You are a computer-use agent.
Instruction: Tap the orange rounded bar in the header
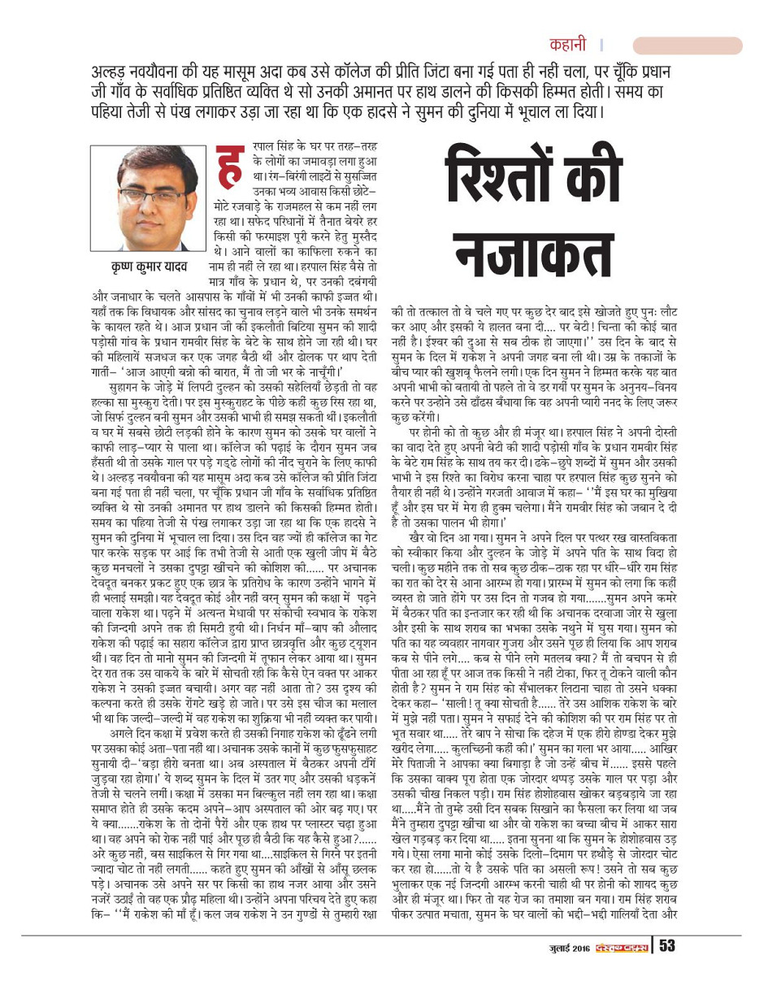pos(687,46)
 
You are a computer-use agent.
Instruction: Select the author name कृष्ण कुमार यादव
pos(150,266)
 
